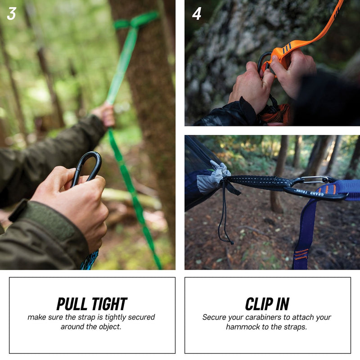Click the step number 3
click(12, 14)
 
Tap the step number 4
click(197, 14)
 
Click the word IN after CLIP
click(282, 304)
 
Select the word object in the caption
click(109, 327)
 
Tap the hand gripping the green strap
click(105, 115)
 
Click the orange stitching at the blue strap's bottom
click(301, 254)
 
